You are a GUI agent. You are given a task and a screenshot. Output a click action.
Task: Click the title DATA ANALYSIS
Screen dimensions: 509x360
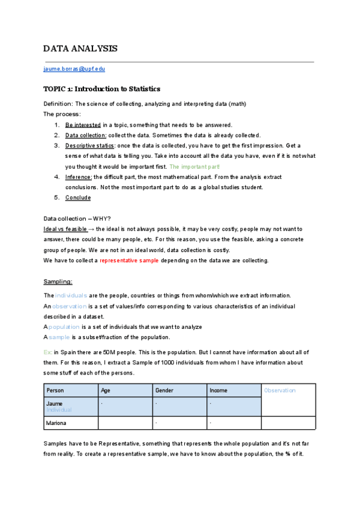[80, 49]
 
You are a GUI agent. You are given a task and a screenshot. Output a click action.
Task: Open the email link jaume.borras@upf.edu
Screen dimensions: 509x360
[74, 70]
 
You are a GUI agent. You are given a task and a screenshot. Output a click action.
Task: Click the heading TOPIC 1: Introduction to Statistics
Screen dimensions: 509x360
[102, 89]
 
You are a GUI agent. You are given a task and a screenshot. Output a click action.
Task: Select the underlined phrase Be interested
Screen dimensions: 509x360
[83, 125]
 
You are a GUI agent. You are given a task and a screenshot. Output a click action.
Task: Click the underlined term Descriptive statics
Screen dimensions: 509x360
[89, 145]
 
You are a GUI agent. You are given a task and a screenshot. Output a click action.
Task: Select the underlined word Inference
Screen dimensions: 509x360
[79, 177]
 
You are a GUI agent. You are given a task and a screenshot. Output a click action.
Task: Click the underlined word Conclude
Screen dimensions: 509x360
[78, 197]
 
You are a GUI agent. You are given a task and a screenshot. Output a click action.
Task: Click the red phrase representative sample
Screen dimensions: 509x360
[130, 261]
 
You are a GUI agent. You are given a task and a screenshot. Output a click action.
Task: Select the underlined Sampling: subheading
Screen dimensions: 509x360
[58, 281]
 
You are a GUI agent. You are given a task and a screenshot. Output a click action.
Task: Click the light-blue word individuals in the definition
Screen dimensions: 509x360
[71, 295]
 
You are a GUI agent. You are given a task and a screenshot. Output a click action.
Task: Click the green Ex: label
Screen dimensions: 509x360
[48, 352]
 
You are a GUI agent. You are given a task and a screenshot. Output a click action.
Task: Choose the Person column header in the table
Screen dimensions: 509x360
[55, 390]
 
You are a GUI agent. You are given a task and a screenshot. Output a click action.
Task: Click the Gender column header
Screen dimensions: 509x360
[164, 390]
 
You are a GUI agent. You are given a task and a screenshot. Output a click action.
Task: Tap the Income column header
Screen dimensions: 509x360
[218, 390]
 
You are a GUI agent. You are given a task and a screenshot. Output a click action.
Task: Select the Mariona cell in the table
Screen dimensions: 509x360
[56, 423]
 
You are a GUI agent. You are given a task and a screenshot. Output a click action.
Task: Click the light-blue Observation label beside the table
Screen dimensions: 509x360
[280, 390]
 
